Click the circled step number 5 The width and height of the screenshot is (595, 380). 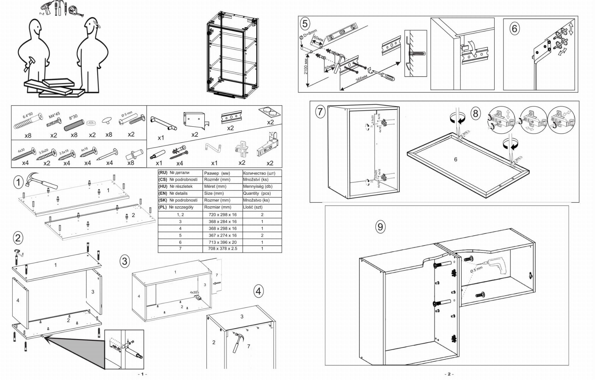point(305,24)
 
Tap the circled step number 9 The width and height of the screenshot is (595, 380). point(380,226)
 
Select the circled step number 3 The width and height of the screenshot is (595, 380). point(125,261)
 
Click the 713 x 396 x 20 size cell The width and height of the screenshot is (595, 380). point(223,242)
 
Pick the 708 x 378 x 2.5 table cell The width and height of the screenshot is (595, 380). point(223,249)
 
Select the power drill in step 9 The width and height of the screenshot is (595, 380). point(497,266)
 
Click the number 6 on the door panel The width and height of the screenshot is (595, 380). point(456,159)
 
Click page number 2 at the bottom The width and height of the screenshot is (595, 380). point(449,374)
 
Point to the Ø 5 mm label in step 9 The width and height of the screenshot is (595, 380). point(476,269)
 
